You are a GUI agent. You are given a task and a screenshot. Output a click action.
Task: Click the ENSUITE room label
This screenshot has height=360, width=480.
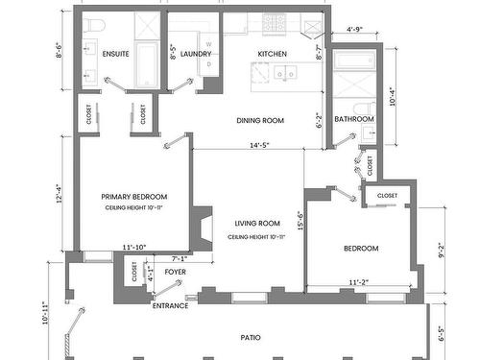116,55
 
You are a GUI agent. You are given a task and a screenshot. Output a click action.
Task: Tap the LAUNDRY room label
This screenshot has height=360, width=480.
195,55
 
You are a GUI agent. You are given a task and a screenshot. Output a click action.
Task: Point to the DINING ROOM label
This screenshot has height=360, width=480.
261,120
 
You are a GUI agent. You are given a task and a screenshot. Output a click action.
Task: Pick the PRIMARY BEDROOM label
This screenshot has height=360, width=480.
134,197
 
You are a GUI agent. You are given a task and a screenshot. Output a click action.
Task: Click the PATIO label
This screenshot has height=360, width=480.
252,337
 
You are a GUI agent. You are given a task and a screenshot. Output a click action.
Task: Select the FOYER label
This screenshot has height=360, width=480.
175,273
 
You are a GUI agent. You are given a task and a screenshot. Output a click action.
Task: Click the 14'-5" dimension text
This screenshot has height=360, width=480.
259,146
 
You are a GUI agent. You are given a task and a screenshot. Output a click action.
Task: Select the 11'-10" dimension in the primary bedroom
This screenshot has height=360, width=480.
135,248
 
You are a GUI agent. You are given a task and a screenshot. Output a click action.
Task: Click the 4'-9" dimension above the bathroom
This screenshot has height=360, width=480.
354,31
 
